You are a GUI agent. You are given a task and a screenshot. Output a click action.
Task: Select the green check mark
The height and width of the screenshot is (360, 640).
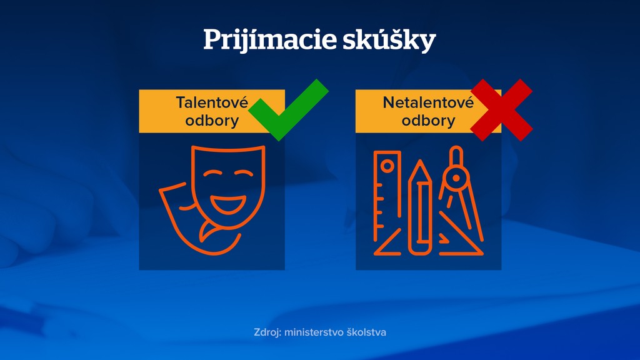click(289, 109)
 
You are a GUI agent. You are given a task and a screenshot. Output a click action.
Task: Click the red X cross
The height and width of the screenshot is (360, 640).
click(501, 110)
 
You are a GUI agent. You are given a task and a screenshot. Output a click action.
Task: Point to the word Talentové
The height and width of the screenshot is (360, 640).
click(212, 102)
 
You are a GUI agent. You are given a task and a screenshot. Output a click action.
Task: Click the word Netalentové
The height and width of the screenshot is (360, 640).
click(428, 102)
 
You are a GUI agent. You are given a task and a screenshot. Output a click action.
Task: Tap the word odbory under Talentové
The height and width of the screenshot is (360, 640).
click(212, 120)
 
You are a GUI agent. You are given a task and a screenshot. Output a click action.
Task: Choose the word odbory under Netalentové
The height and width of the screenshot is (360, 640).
click(428, 120)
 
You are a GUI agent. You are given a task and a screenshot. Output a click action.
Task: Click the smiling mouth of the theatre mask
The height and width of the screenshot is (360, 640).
click(224, 202)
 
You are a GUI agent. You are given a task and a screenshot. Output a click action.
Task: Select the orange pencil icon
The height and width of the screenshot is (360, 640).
click(420, 209)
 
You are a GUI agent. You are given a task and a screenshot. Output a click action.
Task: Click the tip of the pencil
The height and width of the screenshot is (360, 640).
click(420, 166)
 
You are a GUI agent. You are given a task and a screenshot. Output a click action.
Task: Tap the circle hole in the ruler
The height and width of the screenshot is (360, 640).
click(387, 166)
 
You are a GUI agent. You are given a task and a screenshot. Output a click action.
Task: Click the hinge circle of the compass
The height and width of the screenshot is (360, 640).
click(456, 179)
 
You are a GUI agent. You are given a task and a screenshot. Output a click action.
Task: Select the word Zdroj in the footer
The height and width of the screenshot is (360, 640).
click(267, 332)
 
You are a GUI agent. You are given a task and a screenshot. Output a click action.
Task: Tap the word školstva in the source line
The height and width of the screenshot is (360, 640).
click(366, 332)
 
